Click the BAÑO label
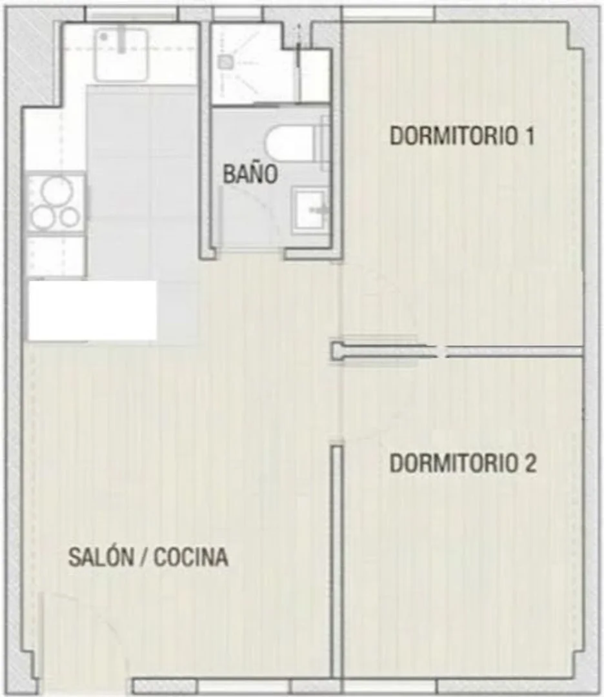pyautogui.click(x=250, y=174)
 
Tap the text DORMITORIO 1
pyautogui.click(x=462, y=137)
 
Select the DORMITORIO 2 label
pyautogui.click(x=463, y=464)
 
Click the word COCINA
pyautogui.click(x=191, y=558)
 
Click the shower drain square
pyautogui.click(x=225, y=61)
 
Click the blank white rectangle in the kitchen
pyautogui.click(x=92, y=310)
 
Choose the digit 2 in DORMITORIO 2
pyautogui.click(x=530, y=464)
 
